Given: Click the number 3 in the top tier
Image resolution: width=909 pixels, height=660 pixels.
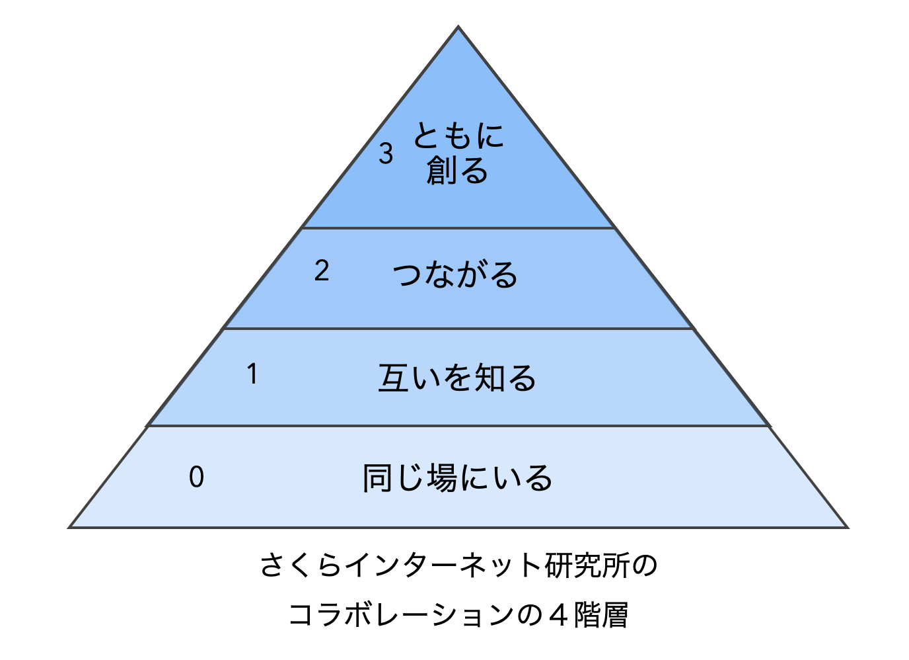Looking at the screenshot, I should (386, 153).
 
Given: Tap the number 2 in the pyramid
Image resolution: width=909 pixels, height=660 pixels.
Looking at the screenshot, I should (322, 271).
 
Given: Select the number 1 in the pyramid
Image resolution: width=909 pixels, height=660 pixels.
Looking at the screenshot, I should (252, 374).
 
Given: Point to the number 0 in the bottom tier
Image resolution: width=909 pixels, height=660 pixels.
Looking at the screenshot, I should (196, 477).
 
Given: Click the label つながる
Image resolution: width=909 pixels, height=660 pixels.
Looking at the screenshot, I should (455, 274).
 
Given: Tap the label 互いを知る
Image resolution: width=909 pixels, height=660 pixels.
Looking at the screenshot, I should (456, 378).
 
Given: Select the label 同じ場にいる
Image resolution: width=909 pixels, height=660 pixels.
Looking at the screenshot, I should (457, 478).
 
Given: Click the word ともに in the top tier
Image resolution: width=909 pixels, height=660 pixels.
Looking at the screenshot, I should (458, 136).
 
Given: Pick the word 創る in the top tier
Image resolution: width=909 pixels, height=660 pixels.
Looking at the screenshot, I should (457, 171).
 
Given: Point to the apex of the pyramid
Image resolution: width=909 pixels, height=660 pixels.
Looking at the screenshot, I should (458, 28).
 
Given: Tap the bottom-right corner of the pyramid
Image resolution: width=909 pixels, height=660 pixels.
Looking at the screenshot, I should (846, 527).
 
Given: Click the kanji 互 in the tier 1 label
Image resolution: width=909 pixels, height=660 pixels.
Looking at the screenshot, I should (394, 378).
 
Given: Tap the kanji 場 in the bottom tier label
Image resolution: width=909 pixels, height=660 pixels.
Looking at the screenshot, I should (441, 478).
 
